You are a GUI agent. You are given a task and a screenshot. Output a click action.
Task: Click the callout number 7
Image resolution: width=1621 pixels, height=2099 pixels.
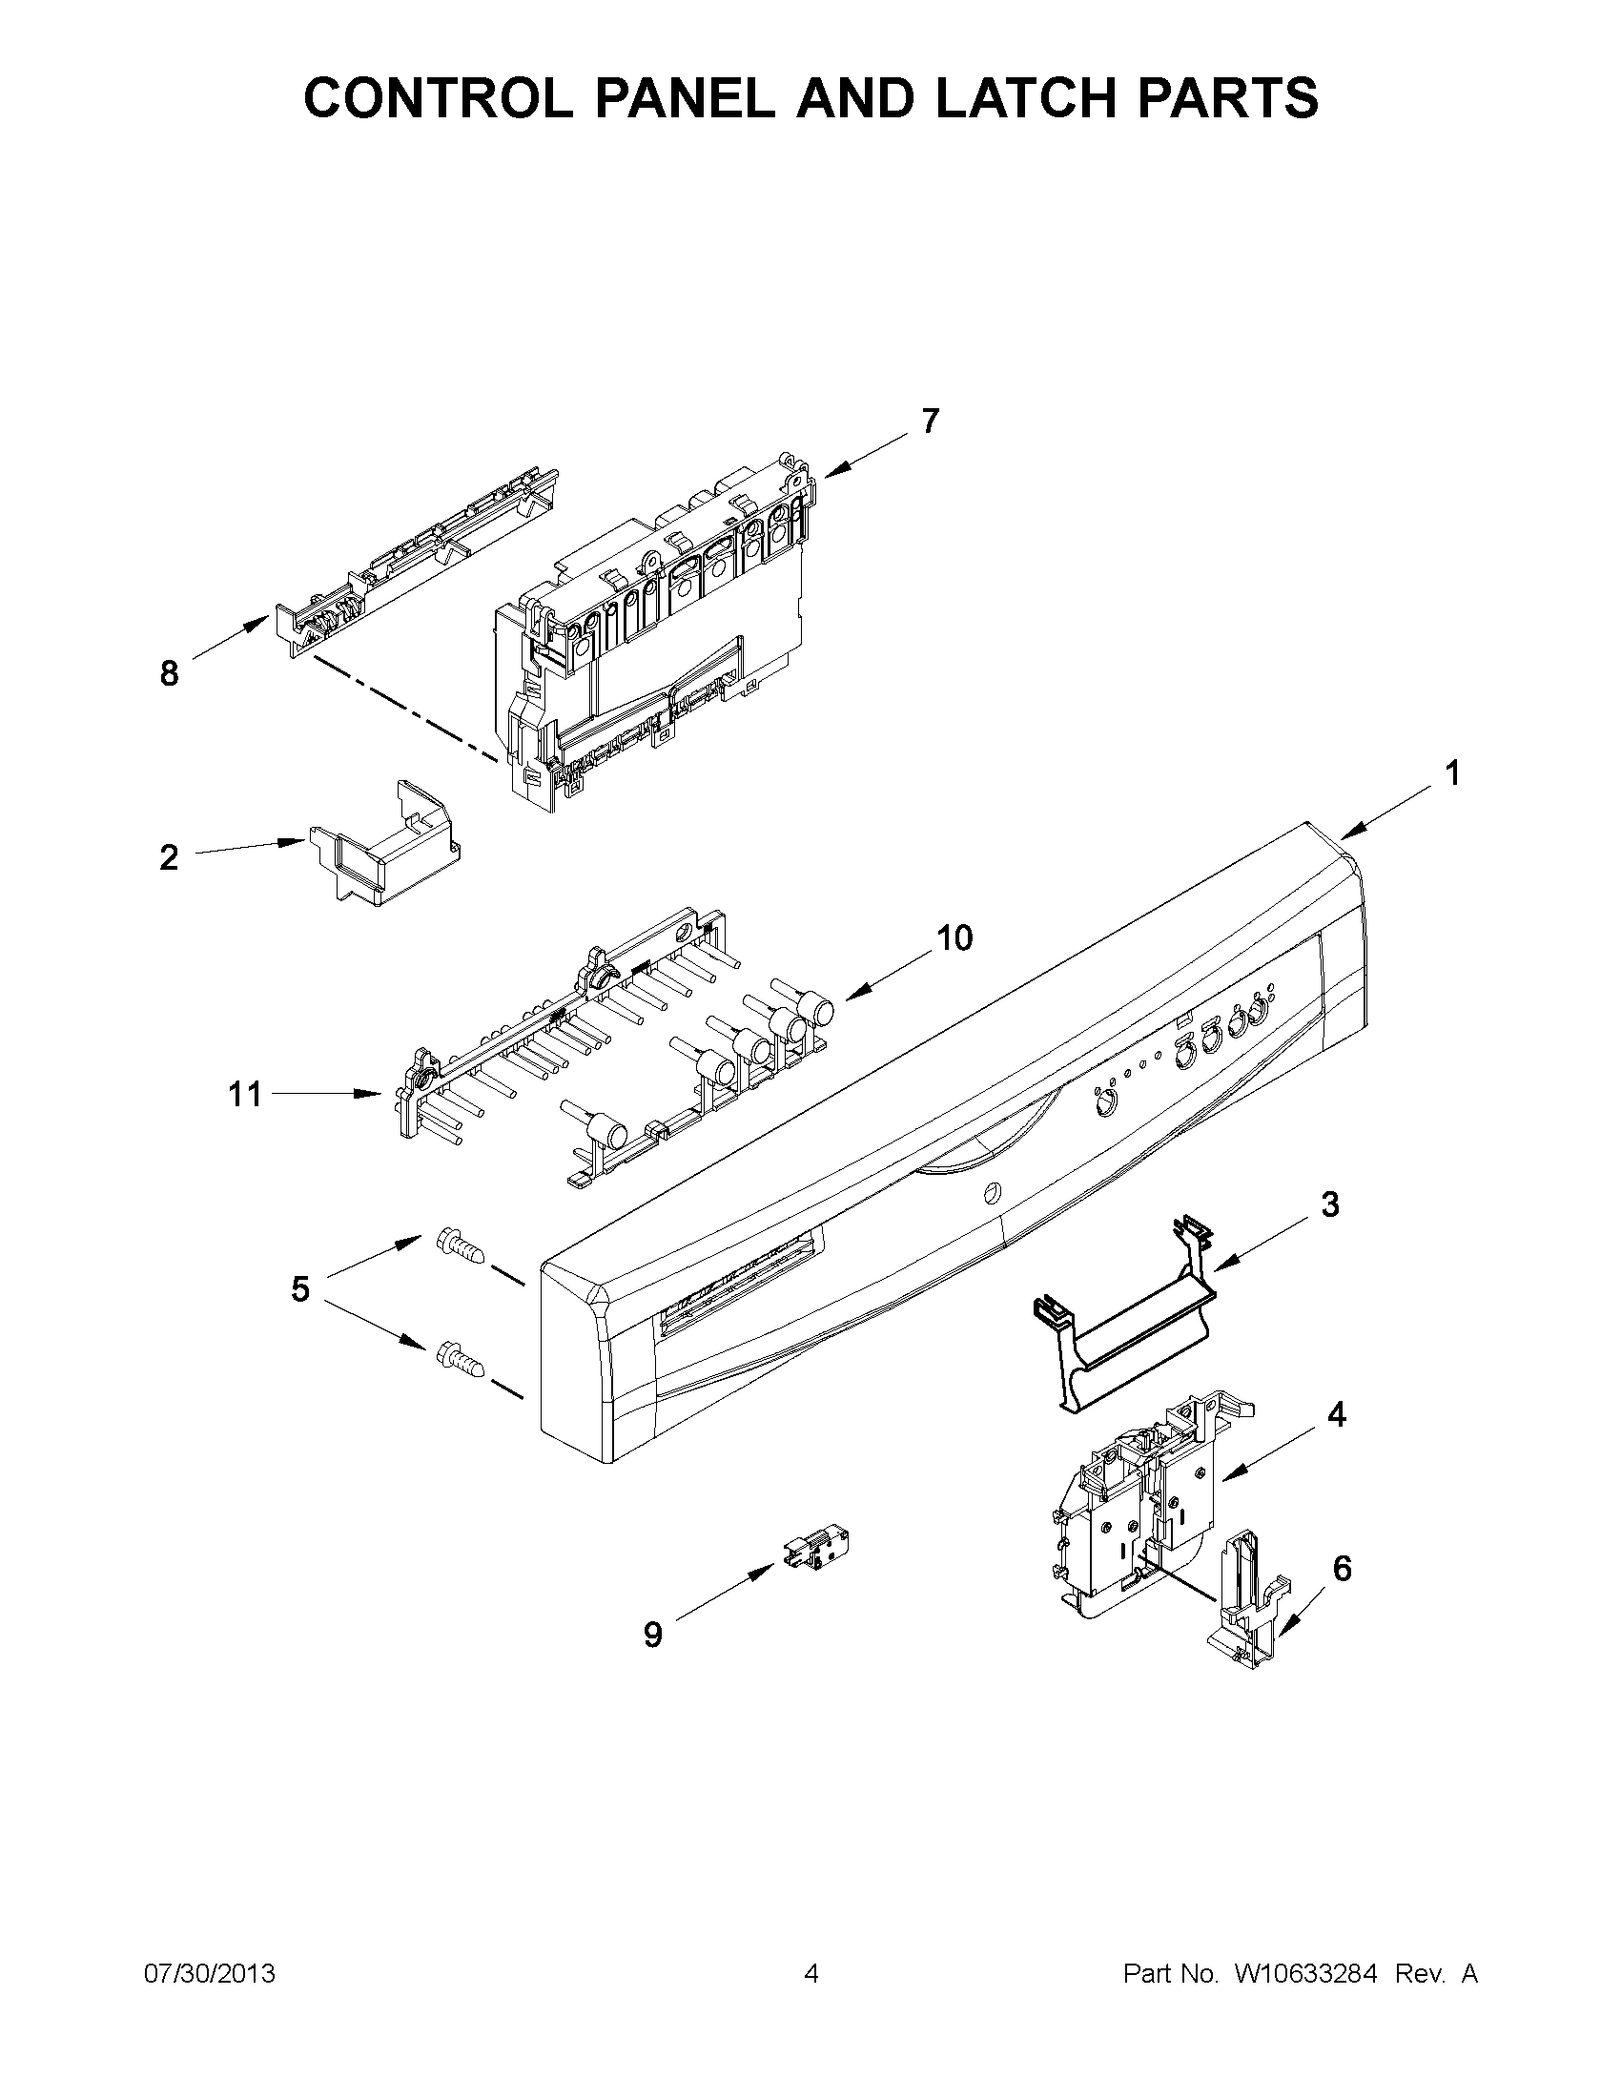click(x=929, y=421)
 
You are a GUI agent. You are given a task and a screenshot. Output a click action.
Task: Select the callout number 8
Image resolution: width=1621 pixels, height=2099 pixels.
click(x=169, y=674)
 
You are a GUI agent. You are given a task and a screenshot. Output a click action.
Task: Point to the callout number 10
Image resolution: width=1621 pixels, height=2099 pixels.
click(x=954, y=937)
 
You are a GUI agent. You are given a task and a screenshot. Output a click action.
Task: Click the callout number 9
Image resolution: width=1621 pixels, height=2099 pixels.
click(x=653, y=1635)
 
